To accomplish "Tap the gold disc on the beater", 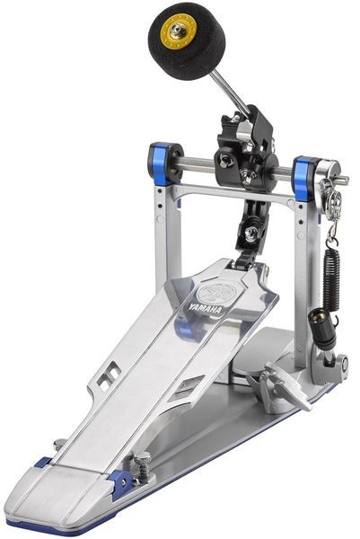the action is tap(179, 31).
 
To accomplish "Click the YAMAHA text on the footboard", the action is tap(205, 308).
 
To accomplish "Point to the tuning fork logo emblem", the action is tap(216, 293).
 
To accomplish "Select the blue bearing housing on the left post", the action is tap(161, 163).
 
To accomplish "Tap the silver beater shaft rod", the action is tap(231, 89).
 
